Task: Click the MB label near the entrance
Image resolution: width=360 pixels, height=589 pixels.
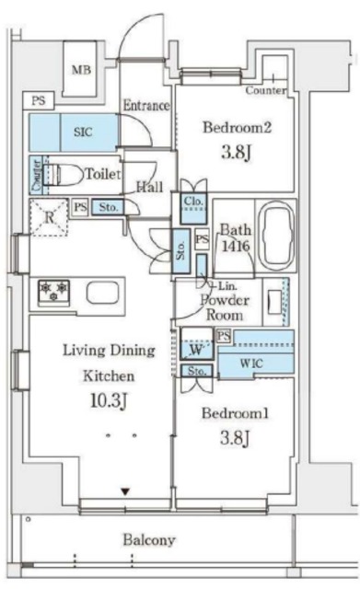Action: (x=81, y=70)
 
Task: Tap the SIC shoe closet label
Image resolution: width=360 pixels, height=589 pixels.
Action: (x=83, y=132)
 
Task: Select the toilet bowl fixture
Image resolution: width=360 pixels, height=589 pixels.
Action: (x=64, y=174)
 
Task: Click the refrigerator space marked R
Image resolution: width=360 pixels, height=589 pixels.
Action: (x=49, y=217)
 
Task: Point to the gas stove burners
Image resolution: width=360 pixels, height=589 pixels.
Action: (x=53, y=292)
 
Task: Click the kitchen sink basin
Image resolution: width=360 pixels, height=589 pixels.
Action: (x=102, y=292)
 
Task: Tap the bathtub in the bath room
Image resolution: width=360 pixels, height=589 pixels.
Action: (x=277, y=236)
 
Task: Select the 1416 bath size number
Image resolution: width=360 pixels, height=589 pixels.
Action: (x=236, y=247)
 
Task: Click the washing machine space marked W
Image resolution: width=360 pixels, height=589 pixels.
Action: (x=196, y=350)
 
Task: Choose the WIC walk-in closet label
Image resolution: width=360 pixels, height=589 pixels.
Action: (x=251, y=364)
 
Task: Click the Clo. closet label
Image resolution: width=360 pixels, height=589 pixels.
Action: (x=194, y=201)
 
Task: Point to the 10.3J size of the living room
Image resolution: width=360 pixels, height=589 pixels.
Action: (x=109, y=401)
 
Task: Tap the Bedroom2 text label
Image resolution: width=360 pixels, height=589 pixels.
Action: (x=237, y=127)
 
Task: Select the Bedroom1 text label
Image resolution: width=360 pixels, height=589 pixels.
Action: (x=235, y=413)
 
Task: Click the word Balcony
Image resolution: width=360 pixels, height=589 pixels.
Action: (x=149, y=540)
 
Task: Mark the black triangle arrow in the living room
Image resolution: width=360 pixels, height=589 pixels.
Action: (x=125, y=491)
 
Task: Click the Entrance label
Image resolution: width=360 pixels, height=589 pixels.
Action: (x=146, y=106)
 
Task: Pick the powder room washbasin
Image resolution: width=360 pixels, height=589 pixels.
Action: (x=274, y=303)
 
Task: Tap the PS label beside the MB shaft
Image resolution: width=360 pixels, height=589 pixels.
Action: (x=39, y=100)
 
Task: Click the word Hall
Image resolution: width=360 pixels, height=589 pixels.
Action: (x=149, y=187)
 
